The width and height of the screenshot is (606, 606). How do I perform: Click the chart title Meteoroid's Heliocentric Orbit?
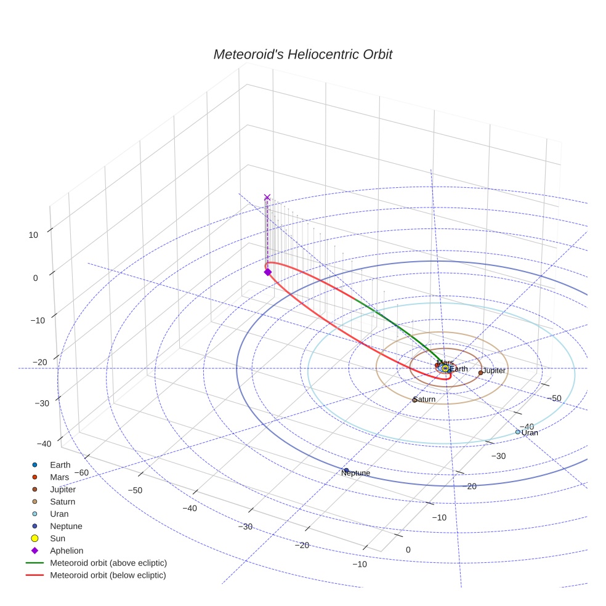(x=302, y=54)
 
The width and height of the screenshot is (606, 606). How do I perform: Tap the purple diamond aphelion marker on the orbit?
(x=267, y=272)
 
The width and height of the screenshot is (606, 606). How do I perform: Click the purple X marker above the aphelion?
(x=267, y=197)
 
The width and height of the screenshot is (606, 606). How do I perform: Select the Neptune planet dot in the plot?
(x=346, y=471)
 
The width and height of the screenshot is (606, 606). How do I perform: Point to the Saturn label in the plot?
(x=424, y=400)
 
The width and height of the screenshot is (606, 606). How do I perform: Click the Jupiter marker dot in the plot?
(x=480, y=373)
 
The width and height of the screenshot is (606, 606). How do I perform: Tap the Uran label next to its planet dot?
(x=530, y=433)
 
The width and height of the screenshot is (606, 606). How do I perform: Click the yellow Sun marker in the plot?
(x=445, y=368)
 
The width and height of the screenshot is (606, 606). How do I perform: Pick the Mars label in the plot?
(x=445, y=363)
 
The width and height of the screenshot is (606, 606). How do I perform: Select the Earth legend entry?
(x=60, y=465)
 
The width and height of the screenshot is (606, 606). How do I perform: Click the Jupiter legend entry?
(x=62, y=490)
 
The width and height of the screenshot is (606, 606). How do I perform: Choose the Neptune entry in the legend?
(x=65, y=526)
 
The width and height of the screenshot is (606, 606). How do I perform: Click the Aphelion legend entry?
(x=66, y=551)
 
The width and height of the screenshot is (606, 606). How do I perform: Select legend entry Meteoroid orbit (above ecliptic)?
(x=108, y=563)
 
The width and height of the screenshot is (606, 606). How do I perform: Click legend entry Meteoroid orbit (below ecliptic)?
(x=108, y=575)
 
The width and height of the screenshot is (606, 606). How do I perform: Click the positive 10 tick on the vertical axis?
(x=33, y=235)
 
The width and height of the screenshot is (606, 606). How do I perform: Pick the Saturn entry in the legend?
(x=62, y=502)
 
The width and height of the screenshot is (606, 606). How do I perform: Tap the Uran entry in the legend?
(x=59, y=514)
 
